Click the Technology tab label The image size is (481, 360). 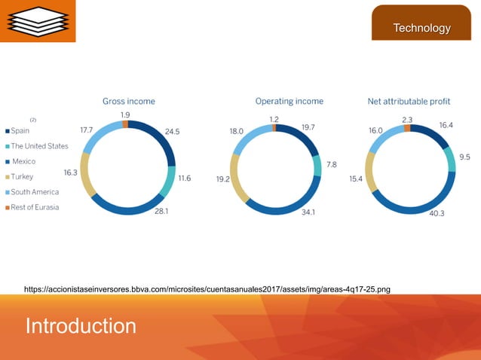(421, 29)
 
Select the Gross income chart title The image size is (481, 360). (129, 101)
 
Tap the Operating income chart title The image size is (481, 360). (289, 101)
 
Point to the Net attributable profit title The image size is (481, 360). (409, 101)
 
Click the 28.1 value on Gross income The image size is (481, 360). (161, 212)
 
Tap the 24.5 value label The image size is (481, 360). (172, 131)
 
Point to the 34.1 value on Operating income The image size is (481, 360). (308, 212)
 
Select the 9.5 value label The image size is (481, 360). (464, 157)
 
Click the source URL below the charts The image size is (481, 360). (207, 288)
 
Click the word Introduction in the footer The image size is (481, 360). (81, 326)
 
